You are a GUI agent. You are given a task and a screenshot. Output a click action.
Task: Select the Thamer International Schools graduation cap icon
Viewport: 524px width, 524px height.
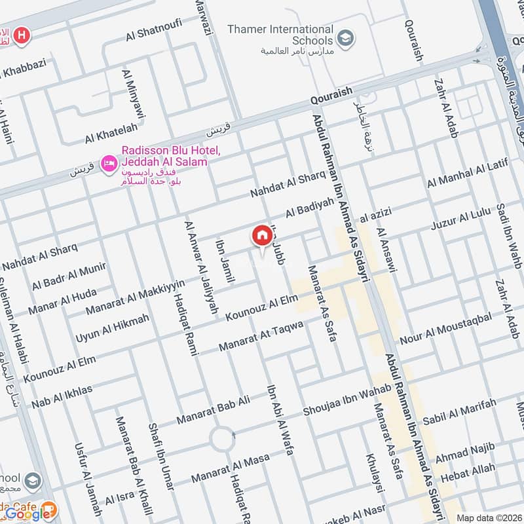(345, 35)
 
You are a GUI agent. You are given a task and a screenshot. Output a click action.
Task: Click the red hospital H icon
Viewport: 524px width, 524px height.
(22, 35)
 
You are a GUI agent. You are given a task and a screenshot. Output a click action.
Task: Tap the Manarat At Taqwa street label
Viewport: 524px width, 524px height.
(261, 335)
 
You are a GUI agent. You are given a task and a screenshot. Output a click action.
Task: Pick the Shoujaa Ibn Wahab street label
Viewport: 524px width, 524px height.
(347, 400)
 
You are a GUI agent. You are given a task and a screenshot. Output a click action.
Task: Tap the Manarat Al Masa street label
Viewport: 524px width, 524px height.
(231, 469)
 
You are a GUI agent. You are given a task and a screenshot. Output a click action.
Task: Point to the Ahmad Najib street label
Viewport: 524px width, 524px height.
(465, 452)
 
